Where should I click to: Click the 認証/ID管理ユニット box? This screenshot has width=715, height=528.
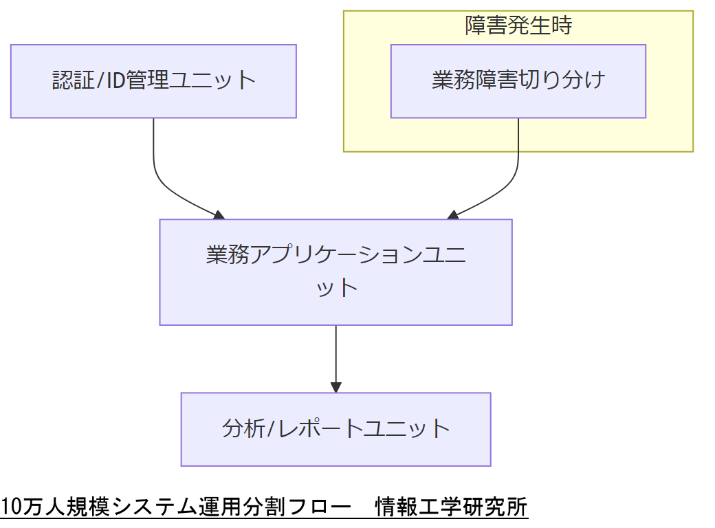[x=153, y=81]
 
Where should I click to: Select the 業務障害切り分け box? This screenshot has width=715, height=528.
[x=518, y=81]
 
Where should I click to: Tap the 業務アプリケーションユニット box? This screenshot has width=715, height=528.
[x=335, y=272]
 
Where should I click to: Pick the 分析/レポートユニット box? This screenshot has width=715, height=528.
[x=335, y=429]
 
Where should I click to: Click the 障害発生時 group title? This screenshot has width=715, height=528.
[x=518, y=26]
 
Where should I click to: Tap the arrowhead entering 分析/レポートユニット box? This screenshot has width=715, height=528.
[x=335, y=387]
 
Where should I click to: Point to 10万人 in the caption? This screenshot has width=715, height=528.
[x=27, y=507]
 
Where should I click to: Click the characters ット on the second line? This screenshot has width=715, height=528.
[x=336, y=287]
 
